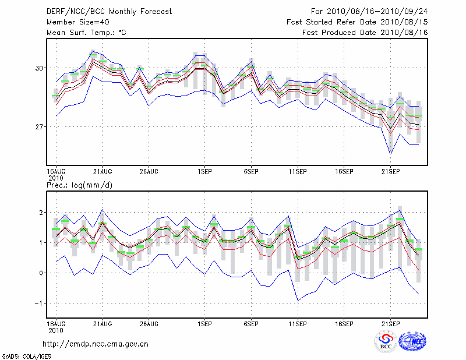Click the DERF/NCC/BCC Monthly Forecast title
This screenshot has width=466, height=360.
coord(109,12)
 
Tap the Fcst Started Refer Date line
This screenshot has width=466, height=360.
coord(357,22)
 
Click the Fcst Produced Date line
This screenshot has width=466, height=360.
coord(365,33)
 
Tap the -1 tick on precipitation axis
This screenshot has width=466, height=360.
coord(40,303)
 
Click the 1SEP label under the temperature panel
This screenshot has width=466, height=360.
coord(204,171)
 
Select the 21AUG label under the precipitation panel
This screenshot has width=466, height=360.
coord(103,323)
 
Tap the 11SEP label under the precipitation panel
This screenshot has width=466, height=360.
coord(298,323)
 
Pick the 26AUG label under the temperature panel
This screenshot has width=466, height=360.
coord(149,171)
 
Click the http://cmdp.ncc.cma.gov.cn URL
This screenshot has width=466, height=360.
coord(96,344)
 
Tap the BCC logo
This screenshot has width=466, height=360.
coord(385,341)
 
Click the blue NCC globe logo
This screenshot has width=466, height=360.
coord(412,342)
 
